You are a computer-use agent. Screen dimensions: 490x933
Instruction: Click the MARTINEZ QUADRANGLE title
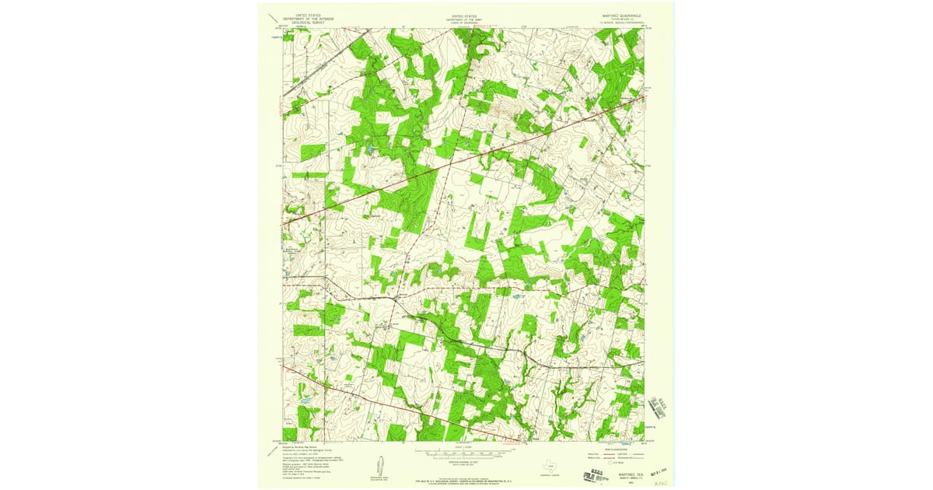[x=620, y=15]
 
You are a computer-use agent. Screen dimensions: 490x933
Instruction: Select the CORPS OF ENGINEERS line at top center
[x=465, y=23]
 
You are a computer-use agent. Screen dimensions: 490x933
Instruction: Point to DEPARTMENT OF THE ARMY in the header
[x=465, y=19]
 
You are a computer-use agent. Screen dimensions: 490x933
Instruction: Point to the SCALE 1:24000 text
[x=465, y=446]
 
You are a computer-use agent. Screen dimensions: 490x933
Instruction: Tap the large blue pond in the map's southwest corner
[x=305, y=401]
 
